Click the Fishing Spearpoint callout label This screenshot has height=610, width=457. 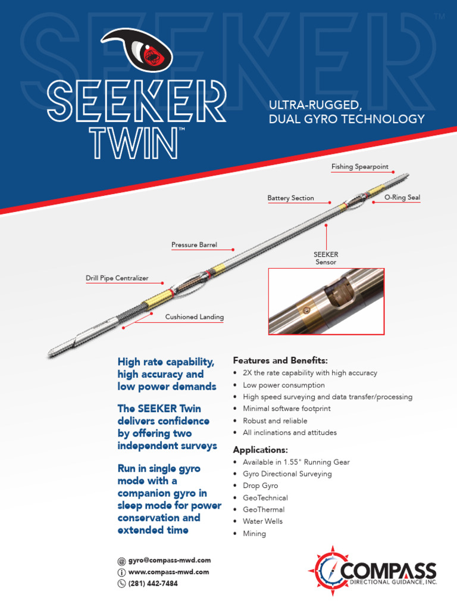pos(359,168)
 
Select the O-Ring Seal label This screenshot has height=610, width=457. pos(402,197)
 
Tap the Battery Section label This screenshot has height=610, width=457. pos(290,198)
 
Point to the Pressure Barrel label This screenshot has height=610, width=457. pos(194,245)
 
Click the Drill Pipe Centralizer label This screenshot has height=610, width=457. pos(117,278)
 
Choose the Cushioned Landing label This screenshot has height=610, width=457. pos(194,317)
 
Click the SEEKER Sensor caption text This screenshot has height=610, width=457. pos(325,259)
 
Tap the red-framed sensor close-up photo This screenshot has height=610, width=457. pos(326,301)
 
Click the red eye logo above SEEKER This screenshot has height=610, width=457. pos(136,51)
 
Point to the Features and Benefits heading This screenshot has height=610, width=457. pos(280,360)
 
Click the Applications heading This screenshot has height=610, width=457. pos(260,449)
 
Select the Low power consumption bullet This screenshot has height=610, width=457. pos(283,385)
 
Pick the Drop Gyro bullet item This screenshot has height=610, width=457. pos(260,485)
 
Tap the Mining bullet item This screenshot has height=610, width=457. pos(254,534)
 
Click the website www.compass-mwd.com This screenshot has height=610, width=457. pos(168,572)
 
